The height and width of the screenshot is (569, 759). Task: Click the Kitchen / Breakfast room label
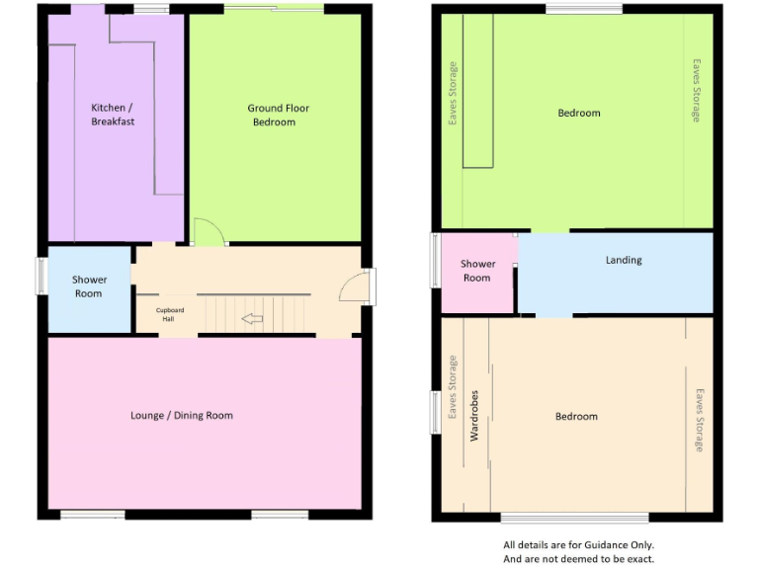(x=113, y=115)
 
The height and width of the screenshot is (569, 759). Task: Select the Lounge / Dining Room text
(x=182, y=416)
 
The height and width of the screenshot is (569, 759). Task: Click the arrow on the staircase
(x=252, y=319)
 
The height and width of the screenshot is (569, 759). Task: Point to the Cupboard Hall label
(x=169, y=315)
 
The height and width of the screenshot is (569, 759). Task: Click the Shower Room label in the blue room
(x=89, y=286)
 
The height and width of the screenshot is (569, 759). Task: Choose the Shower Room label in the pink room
(x=477, y=271)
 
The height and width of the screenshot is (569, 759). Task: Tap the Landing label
(x=624, y=261)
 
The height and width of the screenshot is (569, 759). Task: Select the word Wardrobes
(x=474, y=415)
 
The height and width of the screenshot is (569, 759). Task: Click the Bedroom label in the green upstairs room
(x=579, y=114)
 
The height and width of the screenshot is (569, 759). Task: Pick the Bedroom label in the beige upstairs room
(x=576, y=417)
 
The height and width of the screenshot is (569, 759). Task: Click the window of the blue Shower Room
(x=42, y=276)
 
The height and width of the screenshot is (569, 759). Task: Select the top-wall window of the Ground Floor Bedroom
(x=273, y=10)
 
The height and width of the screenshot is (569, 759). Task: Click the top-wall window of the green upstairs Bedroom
(x=584, y=10)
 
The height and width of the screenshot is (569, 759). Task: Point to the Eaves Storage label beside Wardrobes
(x=454, y=388)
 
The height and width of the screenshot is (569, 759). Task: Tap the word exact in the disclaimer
(x=639, y=558)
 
